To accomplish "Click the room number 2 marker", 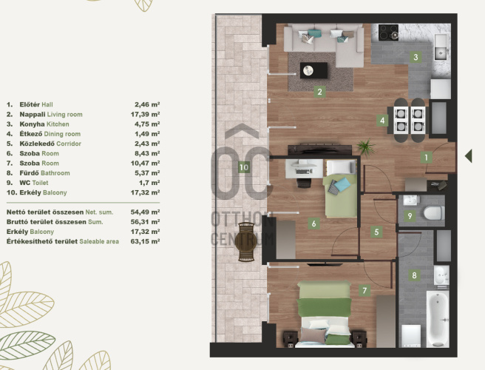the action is pyautogui.click(x=319, y=92).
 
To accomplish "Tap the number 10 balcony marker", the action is pyautogui.click(x=244, y=167).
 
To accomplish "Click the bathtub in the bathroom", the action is pyautogui.click(x=438, y=319).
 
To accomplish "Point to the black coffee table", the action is pyautogui.click(x=313, y=70).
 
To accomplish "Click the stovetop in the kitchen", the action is pyautogui.click(x=388, y=33).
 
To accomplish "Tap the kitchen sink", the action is pyautogui.click(x=441, y=47).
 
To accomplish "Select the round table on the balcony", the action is pyautogui.click(x=246, y=243).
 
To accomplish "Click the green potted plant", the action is pyautogui.click(x=365, y=147).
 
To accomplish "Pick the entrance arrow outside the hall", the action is pyautogui.click(x=469, y=155).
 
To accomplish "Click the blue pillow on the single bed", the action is pyautogui.click(x=342, y=184).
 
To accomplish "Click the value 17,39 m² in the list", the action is pyautogui.click(x=145, y=114).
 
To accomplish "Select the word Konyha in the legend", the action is pyautogui.click(x=33, y=124).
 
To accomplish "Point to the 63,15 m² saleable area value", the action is pyautogui.click(x=145, y=241).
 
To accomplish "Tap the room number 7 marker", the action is pyautogui.click(x=364, y=291).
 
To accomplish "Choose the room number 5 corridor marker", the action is pyautogui.click(x=376, y=232).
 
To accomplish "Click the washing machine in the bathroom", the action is pyautogui.click(x=411, y=336).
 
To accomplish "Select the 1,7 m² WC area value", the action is pyautogui.click(x=149, y=183).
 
